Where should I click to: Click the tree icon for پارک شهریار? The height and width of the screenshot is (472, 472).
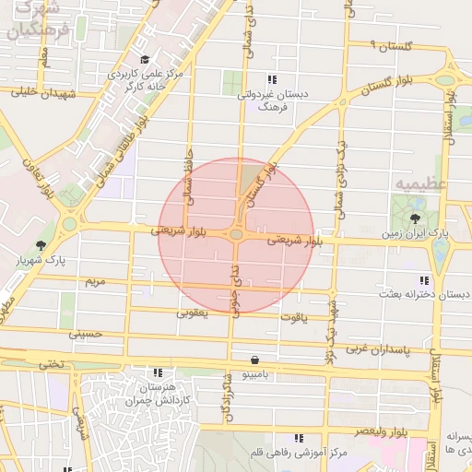[41, 245]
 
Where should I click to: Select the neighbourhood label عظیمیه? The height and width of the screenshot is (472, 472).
[420, 183]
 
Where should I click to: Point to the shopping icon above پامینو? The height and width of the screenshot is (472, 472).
[254, 360]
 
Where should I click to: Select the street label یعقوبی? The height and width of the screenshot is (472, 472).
[193, 313]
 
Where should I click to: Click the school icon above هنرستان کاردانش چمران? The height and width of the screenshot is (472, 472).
[158, 373]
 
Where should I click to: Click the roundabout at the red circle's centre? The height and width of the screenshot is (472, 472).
[237, 236]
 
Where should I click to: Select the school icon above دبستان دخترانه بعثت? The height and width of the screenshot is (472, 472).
[424, 279]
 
